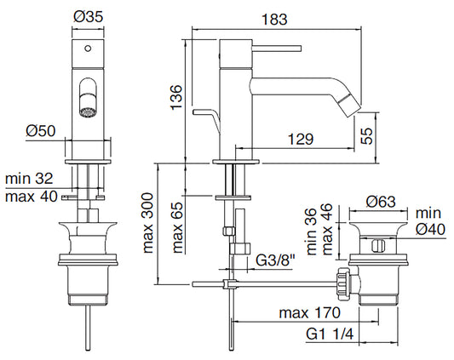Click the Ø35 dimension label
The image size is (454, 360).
coord(89,17)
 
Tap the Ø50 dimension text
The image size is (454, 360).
coord(41,131)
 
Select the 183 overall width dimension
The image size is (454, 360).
coord(274,20)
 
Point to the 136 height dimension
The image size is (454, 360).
coord(176,97)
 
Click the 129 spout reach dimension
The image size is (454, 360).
coord(301,140)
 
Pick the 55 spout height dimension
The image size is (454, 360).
coord(366,135)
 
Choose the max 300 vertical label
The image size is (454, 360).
coord(148,223)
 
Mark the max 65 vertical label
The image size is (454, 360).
coord(178,227)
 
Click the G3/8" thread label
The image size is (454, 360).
coord(275,260)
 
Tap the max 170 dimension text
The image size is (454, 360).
coord(309,313)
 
